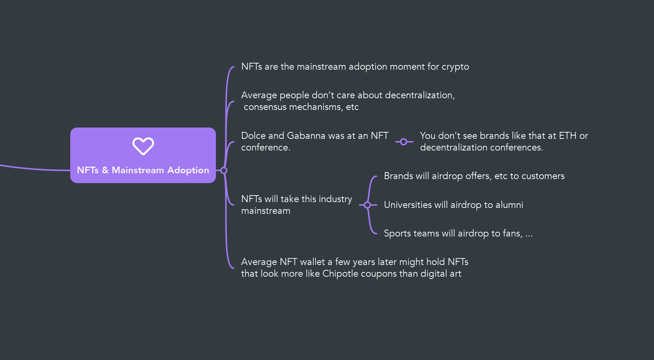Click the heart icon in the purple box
click(143, 146)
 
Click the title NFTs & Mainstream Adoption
click(143, 170)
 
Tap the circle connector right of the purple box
click(223, 170)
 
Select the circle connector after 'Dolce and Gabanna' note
click(403, 142)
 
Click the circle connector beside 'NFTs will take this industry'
click(367, 205)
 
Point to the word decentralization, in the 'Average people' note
click(420, 95)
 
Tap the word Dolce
click(253, 136)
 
